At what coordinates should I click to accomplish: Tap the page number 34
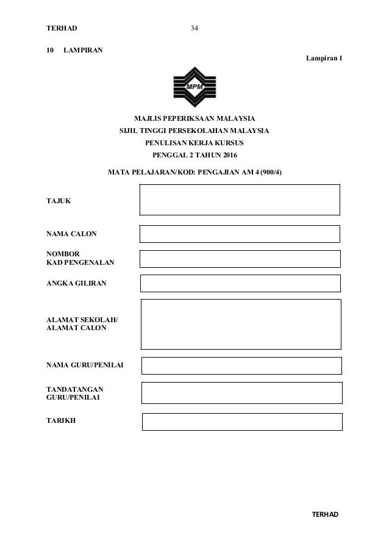194,29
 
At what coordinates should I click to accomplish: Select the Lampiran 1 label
319,58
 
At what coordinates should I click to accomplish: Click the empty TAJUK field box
240,200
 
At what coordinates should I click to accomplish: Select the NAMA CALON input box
240,234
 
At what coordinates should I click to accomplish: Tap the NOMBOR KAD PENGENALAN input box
240,259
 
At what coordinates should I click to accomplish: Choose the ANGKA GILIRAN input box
240,283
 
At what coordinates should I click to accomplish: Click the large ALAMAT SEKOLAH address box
240,323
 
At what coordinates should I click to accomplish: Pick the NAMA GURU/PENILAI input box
241,366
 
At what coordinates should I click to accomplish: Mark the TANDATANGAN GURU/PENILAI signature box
241,392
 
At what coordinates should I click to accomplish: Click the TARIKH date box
242,422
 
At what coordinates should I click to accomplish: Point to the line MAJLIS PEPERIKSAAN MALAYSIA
194,117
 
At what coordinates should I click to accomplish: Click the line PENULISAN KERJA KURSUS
194,142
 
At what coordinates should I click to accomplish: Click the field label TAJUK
59,201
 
